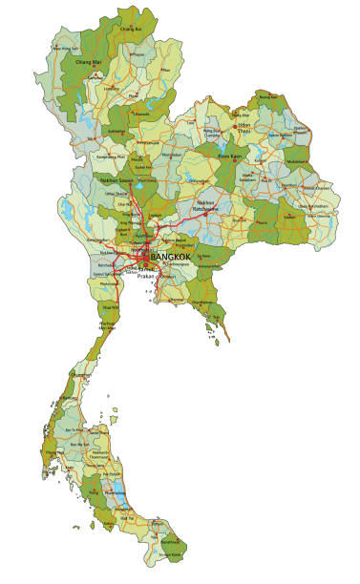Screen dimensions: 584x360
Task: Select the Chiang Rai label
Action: [131, 30]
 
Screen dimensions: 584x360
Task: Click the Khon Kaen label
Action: [230, 156]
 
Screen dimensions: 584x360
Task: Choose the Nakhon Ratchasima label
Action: [206, 205]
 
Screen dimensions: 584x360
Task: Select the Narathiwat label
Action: [171, 553]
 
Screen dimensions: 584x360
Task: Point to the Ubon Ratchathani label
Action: [319, 206]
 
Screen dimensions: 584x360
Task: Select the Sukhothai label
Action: [116, 132]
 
